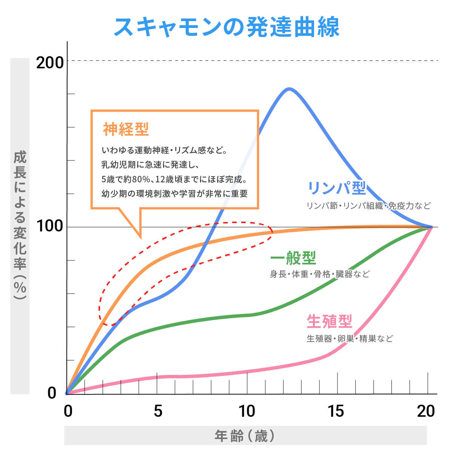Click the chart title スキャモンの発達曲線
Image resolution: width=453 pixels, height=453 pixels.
(226, 27)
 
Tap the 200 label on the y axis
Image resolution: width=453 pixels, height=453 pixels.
(50, 62)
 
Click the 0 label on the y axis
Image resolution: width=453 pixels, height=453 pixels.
(52, 393)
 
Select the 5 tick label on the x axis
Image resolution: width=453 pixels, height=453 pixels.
(158, 411)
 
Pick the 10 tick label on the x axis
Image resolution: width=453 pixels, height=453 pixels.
(247, 411)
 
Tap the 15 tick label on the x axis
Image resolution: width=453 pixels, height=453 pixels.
(336, 411)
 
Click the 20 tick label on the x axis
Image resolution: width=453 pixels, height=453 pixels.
(426, 411)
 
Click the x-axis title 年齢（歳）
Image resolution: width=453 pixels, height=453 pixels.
(245, 436)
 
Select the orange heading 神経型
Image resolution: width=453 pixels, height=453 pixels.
(126, 129)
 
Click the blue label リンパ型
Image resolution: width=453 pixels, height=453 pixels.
(337, 188)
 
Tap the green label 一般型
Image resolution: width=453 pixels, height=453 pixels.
(293, 258)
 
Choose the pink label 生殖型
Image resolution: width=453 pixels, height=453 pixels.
(330, 322)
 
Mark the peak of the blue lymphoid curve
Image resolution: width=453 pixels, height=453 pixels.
(289, 89)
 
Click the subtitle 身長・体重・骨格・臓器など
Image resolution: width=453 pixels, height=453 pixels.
(319, 274)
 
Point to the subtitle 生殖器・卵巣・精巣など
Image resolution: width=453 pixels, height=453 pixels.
(350, 338)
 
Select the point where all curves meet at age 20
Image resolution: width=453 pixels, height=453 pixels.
(431, 227)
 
